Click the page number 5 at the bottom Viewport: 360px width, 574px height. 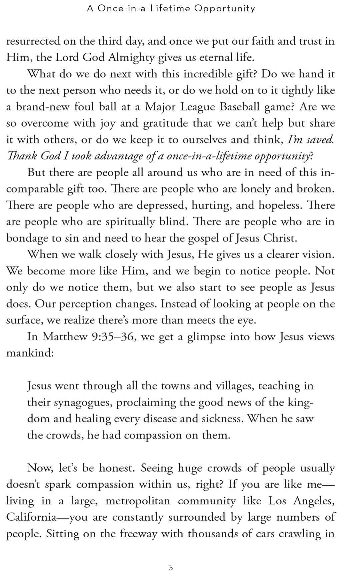171,558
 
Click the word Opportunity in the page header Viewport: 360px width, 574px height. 225,8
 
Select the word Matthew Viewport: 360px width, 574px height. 65,337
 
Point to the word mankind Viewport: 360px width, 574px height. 30,353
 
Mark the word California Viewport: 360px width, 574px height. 31,517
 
